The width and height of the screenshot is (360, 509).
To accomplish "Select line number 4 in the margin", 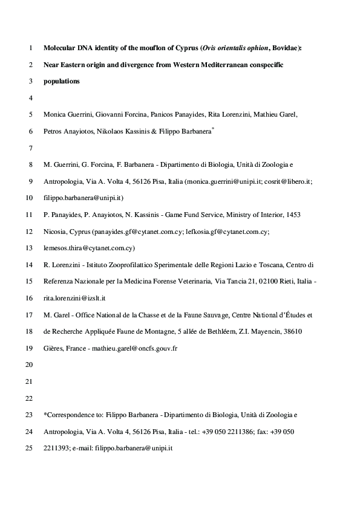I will tap(30, 97).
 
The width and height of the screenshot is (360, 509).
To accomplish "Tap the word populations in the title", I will tap(61, 80).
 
